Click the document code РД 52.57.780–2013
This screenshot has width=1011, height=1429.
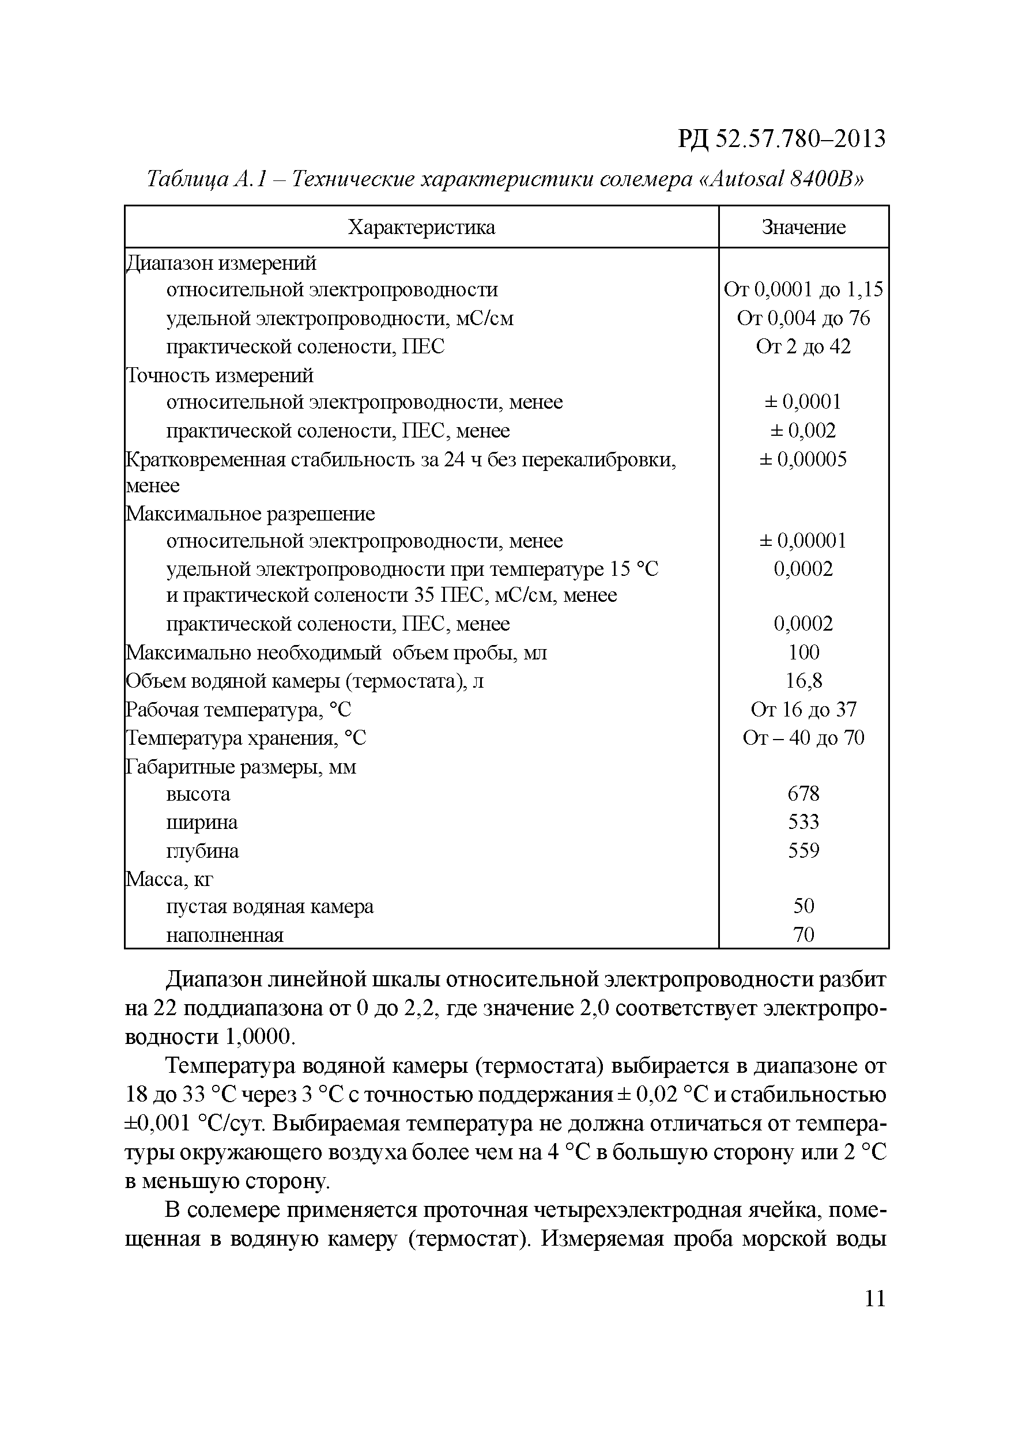[x=781, y=138]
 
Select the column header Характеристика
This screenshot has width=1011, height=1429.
[x=421, y=227]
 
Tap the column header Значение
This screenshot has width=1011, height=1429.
[x=803, y=227]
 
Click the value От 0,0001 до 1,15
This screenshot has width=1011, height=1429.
[x=803, y=289]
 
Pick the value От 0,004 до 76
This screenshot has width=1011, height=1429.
[x=803, y=318]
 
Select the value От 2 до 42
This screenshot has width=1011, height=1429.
[x=803, y=346]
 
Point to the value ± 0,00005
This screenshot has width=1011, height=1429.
[x=803, y=459]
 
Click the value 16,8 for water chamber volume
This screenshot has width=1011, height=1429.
[x=803, y=681]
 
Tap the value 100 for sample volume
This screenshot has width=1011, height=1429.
[x=803, y=652]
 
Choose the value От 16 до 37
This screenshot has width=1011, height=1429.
[x=803, y=709]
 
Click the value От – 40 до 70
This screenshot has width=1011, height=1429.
[x=803, y=738]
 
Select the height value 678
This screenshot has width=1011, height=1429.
[x=803, y=794]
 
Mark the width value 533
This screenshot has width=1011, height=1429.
[x=803, y=822]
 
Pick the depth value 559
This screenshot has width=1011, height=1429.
[x=803, y=851]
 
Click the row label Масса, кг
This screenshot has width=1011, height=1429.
[x=169, y=879]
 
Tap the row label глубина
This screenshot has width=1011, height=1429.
[x=202, y=851]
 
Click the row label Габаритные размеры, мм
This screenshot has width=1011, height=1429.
[x=241, y=767]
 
